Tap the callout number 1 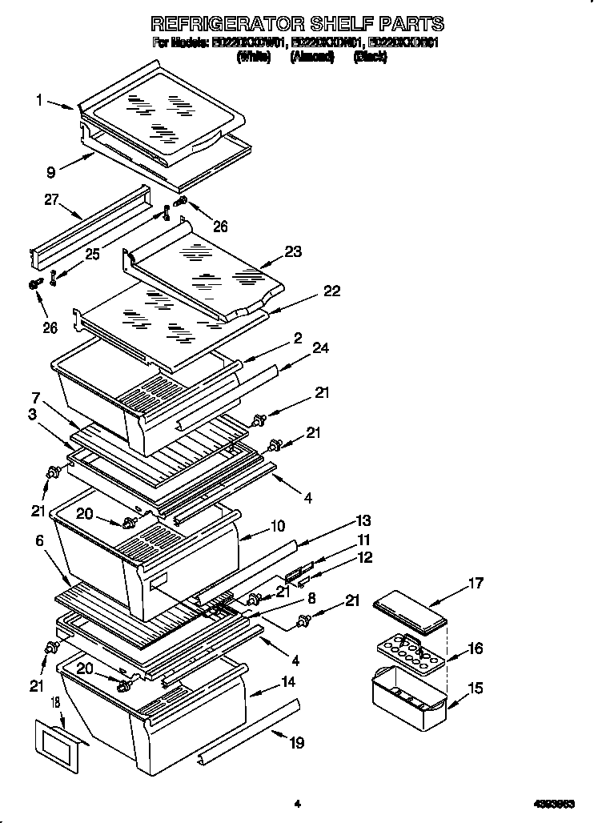point(38,100)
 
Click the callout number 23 point(293,251)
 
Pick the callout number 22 point(331,291)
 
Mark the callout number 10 point(277,526)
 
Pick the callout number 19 point(297,743)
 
